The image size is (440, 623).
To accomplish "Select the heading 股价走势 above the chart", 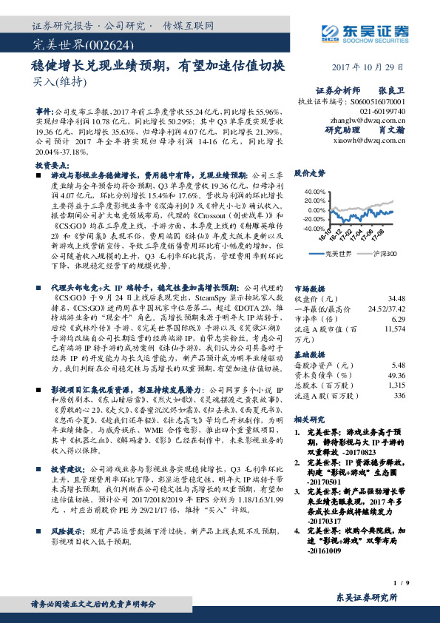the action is pos(309,173).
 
